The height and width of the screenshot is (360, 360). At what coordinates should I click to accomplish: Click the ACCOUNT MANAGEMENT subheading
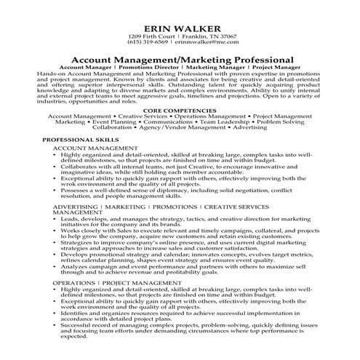[88, 147]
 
